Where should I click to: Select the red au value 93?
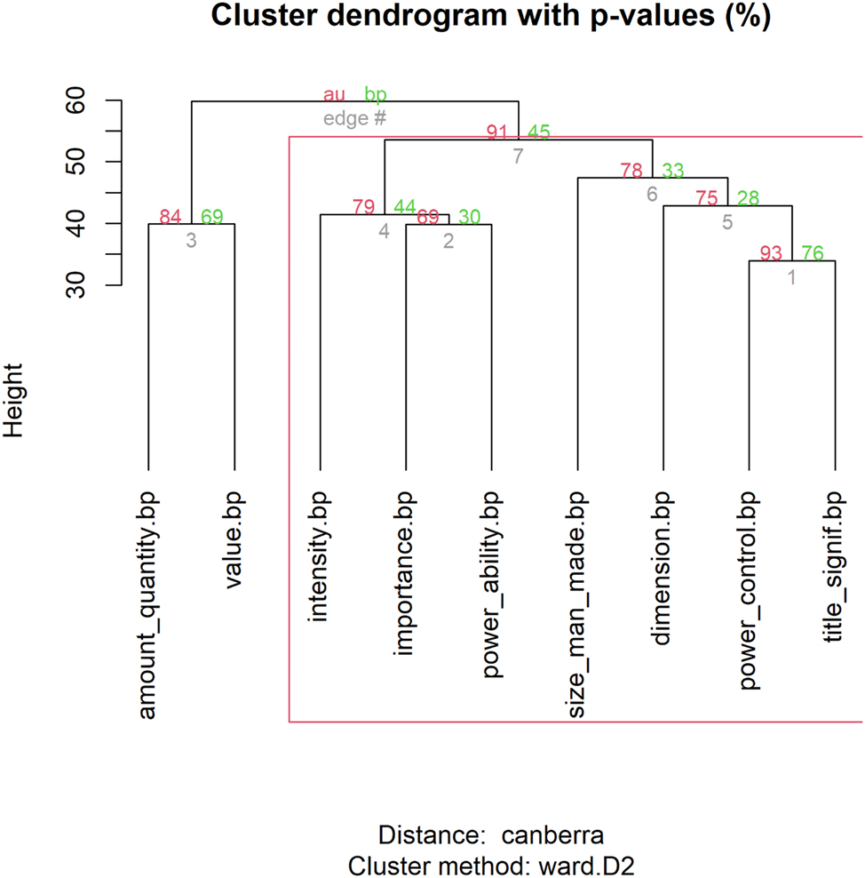pos(771,253)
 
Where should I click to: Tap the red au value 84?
pos(170,216)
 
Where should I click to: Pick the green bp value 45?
pos(539,132)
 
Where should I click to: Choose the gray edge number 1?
pos(792,277)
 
